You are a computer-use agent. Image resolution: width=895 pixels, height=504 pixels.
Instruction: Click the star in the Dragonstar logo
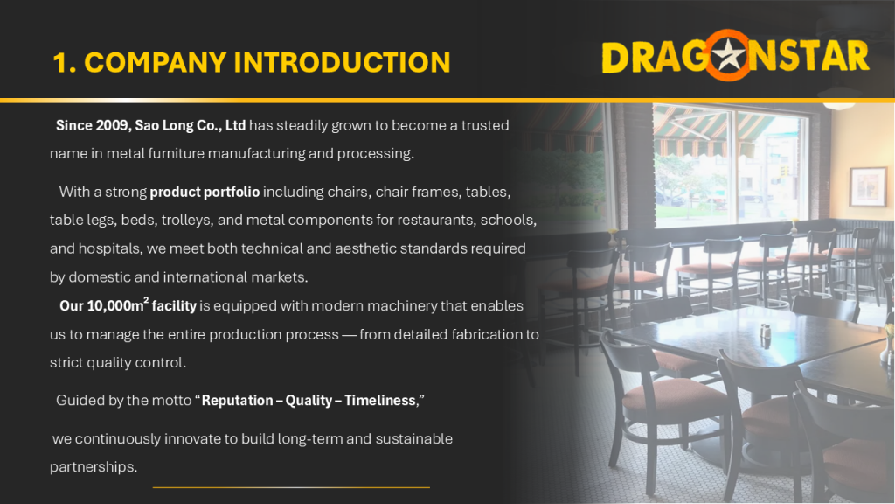(728, 56)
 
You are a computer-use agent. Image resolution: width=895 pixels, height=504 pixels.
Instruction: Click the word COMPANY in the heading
(156, 62)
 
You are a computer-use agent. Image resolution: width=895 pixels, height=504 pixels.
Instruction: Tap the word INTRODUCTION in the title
(343, 62)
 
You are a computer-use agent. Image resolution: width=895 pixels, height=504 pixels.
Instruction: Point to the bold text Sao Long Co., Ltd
(190, 126)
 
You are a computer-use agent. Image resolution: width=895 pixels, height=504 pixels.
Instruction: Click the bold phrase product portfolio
(205, 192)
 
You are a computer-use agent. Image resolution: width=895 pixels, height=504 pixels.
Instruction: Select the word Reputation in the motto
(238, 401)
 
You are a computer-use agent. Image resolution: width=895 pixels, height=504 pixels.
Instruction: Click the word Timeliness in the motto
(380, 401)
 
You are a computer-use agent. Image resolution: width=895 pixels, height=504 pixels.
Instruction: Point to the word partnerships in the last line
(94, 467)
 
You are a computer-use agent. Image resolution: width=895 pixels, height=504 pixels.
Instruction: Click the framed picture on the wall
(867, 186)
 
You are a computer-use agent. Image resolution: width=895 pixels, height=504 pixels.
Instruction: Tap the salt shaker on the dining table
(766, 332)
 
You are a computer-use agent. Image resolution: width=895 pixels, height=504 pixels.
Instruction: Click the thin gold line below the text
(291, 487)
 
